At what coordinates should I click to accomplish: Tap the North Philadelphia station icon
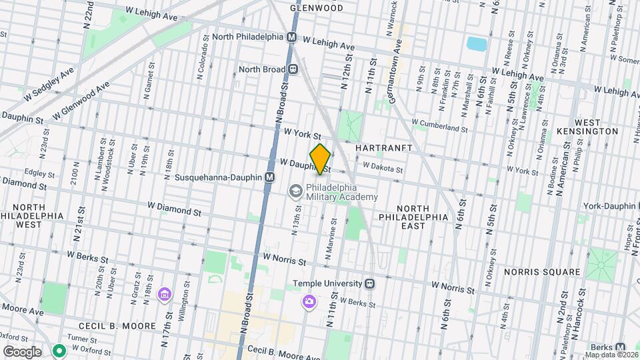coord(291,39)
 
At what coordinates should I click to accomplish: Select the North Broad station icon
coord(293,69)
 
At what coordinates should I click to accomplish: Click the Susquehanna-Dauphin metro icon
coord(269,177)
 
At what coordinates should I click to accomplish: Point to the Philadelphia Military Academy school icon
coord(295,192)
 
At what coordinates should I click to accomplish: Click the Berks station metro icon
coord(621,347)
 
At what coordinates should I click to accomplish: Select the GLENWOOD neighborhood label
coord(317,8)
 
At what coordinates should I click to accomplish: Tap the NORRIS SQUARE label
coord(543,272)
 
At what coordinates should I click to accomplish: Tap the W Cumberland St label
coord(439,125)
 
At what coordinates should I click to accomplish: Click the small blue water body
coord(476,44)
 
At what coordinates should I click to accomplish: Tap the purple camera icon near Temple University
coord(309,303)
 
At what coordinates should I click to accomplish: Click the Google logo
coord(21,351)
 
